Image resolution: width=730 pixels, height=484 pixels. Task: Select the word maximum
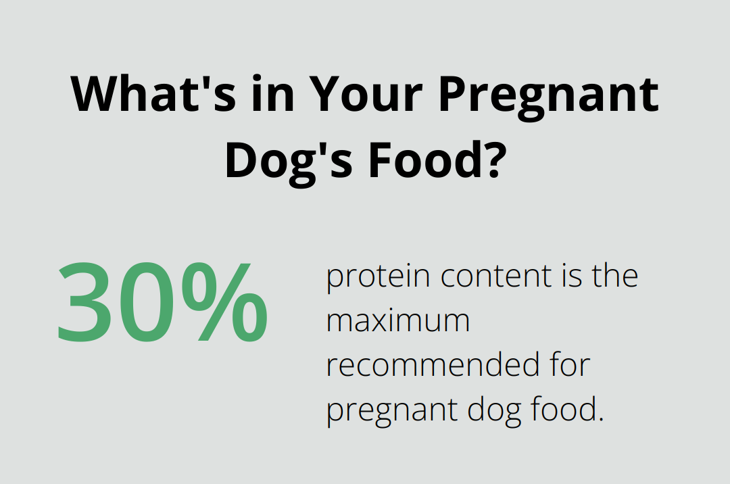[398, 322]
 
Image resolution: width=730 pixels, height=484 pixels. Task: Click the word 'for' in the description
[570, 366]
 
